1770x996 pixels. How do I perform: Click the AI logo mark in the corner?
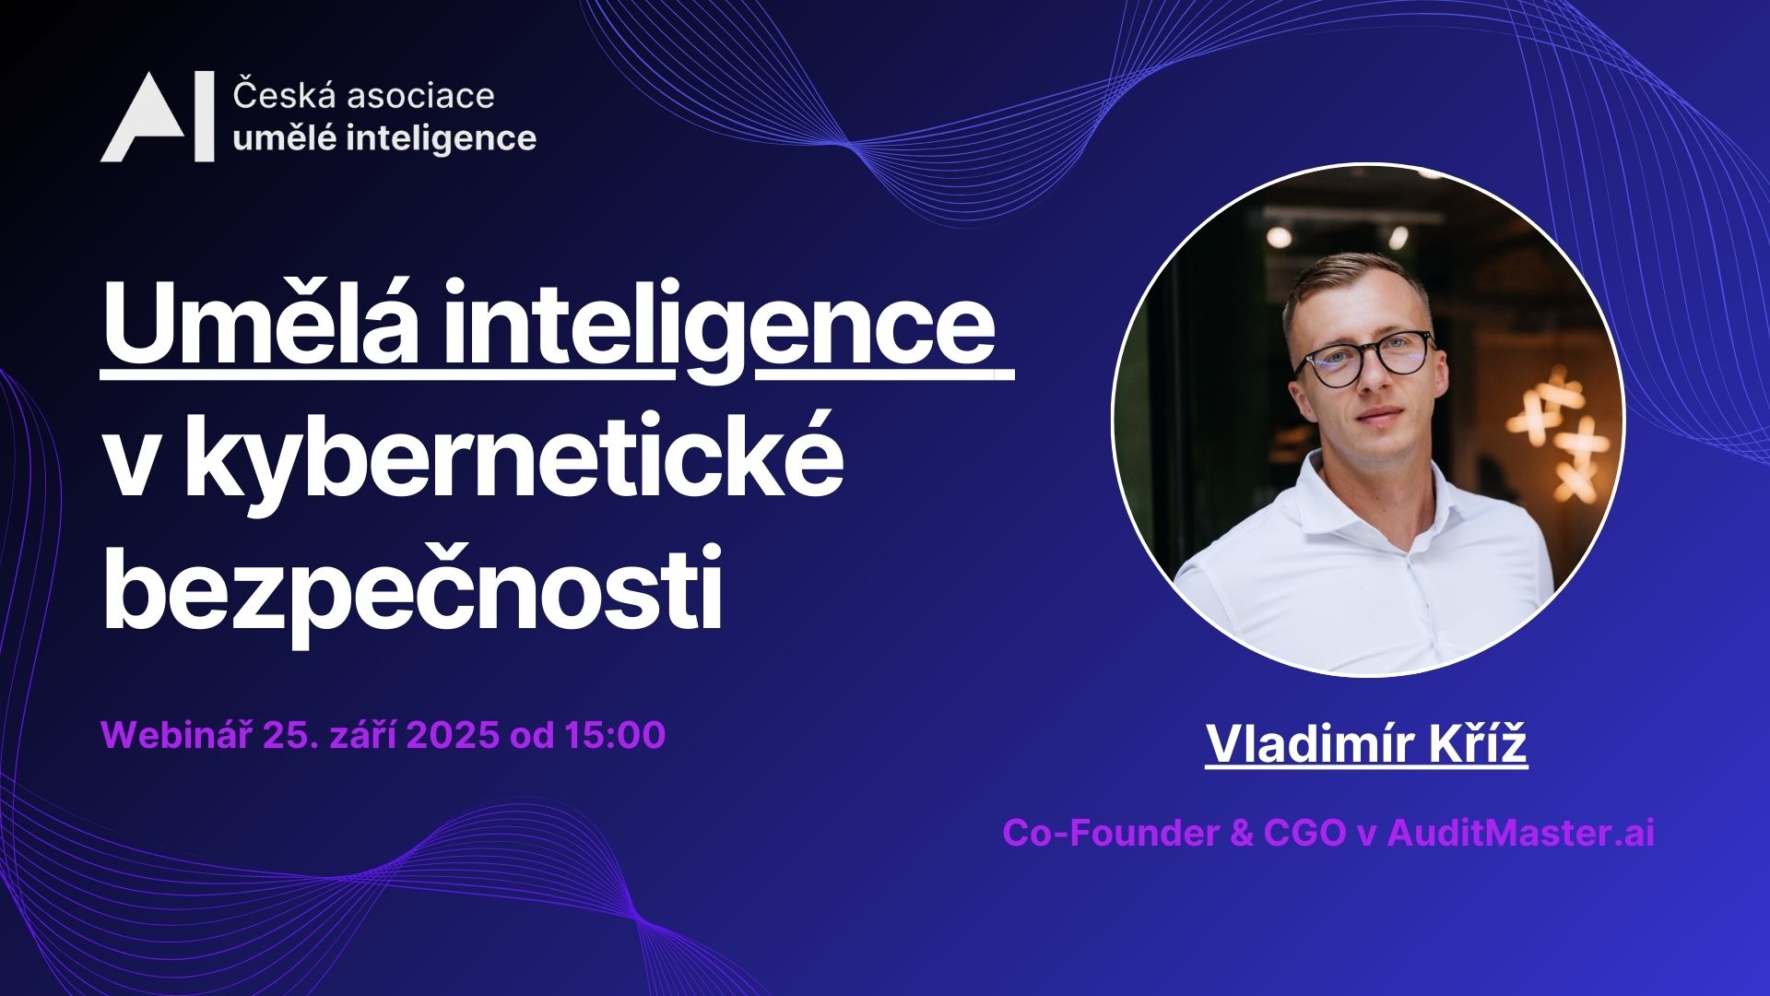157,117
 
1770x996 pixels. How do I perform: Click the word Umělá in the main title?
259,325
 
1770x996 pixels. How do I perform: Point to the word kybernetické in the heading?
513,458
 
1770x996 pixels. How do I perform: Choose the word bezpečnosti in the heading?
411,587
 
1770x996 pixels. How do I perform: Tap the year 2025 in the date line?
452,735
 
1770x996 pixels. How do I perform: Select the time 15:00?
615,735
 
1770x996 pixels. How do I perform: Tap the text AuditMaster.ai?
1520,833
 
